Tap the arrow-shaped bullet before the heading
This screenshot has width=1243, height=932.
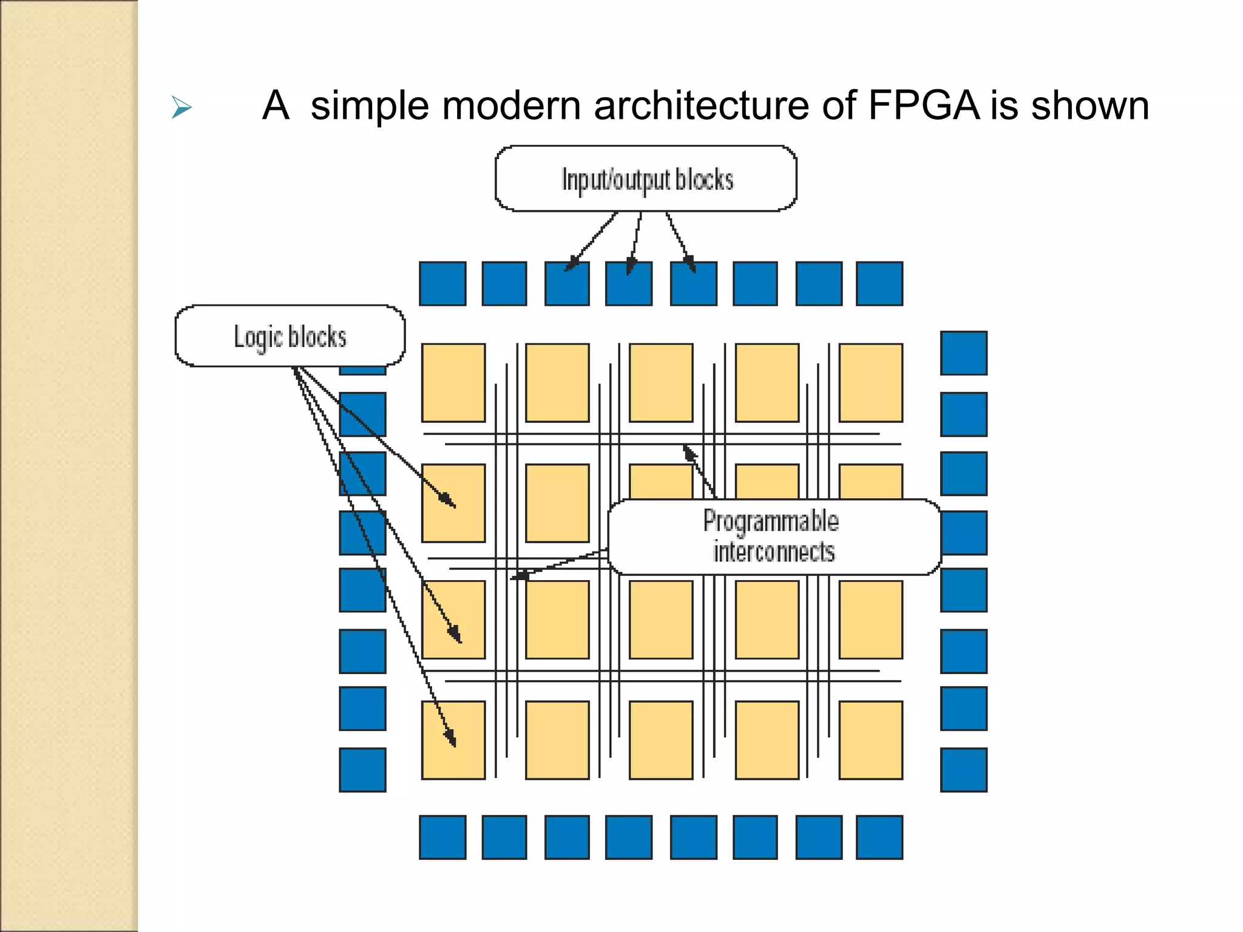click(181, 108)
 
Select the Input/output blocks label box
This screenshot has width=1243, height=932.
click(646, 179)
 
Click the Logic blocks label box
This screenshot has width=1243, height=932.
click(290, 336)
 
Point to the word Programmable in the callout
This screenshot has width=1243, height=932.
click(771, 521)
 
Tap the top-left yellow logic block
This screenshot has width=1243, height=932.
click(453, 382)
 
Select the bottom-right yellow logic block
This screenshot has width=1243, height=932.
click(870, 740)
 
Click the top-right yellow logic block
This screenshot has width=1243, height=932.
click(870, 382)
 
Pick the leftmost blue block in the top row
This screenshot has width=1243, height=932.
click(442, 283)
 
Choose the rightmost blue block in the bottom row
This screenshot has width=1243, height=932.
click(879, 837)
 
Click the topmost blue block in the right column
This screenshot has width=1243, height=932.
click(963, 353)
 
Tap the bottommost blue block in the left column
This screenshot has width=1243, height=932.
click(362, 769)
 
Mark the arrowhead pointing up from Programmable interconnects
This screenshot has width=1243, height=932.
click(689, 452)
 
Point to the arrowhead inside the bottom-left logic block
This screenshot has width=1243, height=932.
click(450, 738)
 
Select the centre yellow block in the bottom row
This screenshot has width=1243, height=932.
click(661, 740)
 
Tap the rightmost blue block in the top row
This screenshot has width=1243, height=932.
click(879, 283)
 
